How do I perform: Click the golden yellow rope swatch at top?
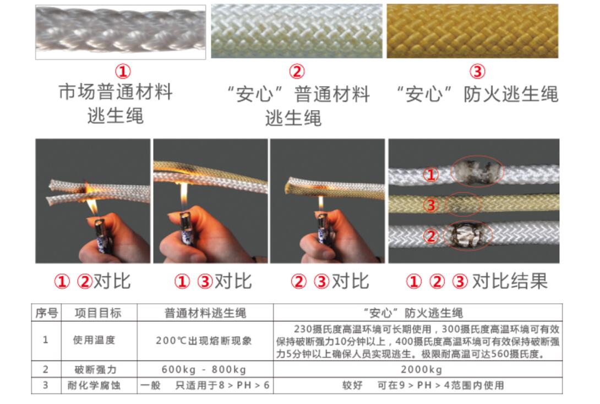pos(472,31)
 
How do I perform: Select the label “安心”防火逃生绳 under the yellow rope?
pos(477,94)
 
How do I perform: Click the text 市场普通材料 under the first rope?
pos(116,91)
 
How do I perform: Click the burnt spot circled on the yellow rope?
pos(462,204)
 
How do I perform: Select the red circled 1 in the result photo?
pos(432,176)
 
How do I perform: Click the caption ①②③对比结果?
pos(477,281)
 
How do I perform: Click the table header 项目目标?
pos(98,313)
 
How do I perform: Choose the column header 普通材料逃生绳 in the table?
pos(205,313)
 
